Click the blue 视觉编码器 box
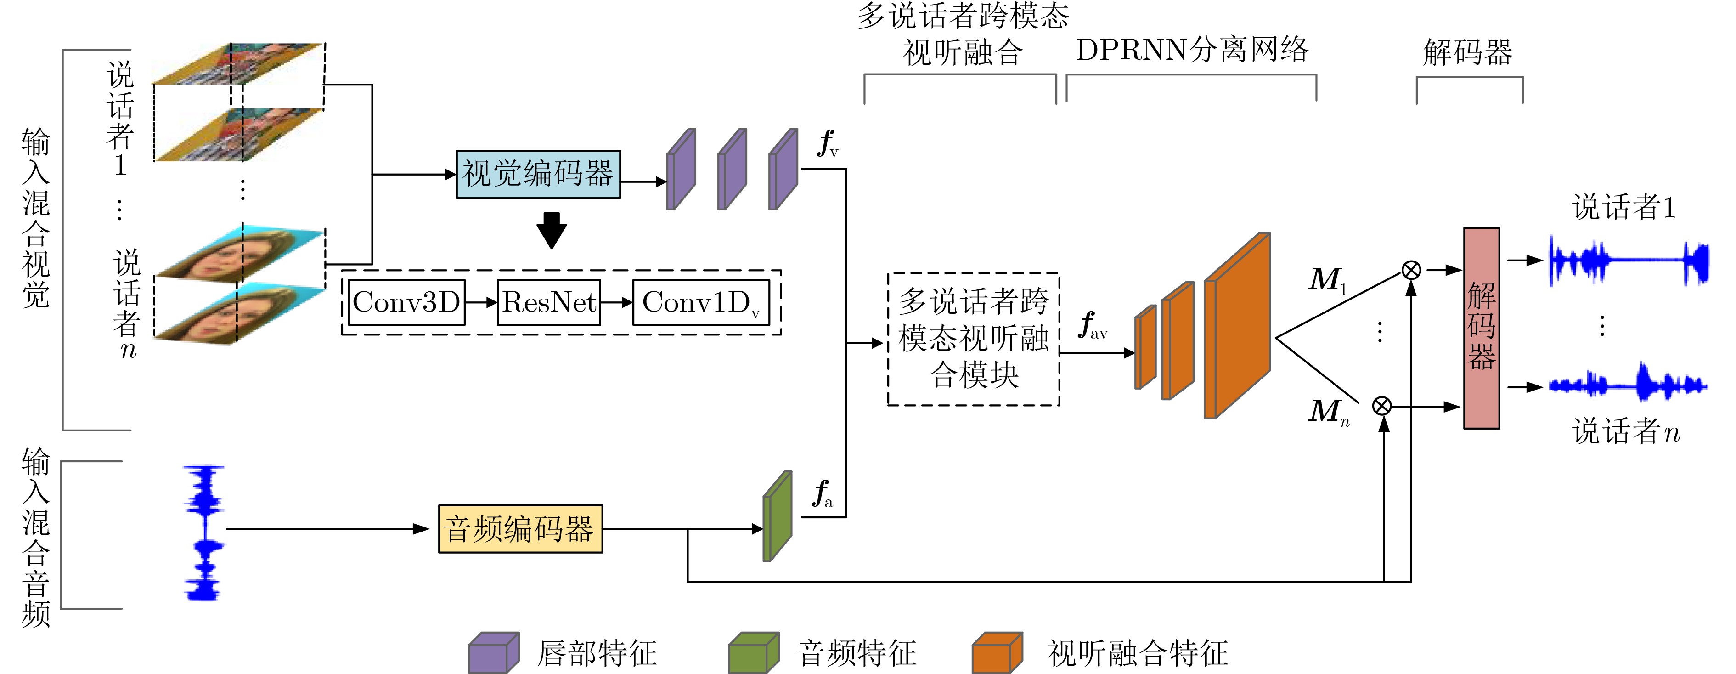[x=538, y=175]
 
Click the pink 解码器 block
[x=1481, y=328]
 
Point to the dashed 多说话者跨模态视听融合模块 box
[x=973, y=339]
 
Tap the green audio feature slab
[x=777, y=517]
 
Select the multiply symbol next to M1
[x=1411, y=270]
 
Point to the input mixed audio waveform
[x=204, y=532]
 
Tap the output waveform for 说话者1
[x=1628, y=261]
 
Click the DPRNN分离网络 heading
[x=1191, y=50]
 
